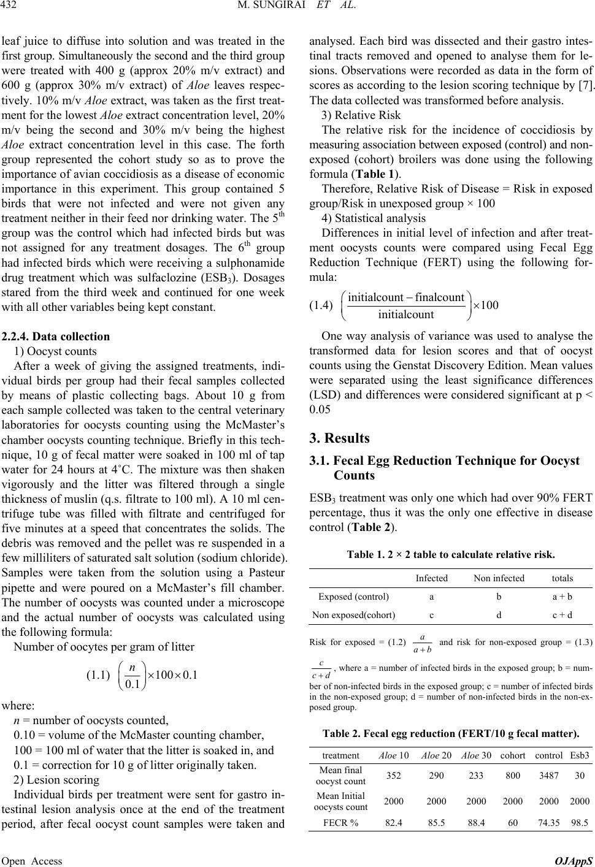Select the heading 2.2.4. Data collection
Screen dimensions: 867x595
pos(56,336)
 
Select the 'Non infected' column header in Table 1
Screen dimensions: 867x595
pos(499,578)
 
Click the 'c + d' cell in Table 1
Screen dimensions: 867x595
pos(562,614)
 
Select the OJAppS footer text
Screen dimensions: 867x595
pos(576,861)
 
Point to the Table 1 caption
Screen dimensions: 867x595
pos(451,556)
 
